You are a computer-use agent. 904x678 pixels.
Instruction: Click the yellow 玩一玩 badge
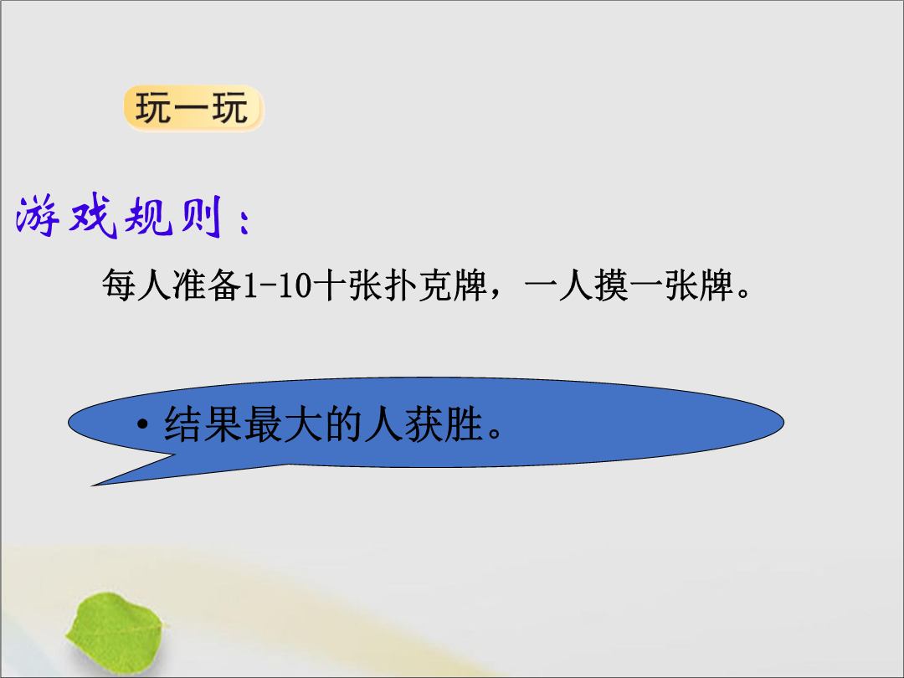(193, 108)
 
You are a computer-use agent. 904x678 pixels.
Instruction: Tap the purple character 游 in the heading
(39, 216)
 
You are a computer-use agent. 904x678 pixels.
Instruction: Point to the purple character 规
(149, 216)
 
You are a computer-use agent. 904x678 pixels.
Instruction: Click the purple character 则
(202, 216)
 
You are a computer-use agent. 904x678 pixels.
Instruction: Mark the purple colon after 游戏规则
(244, 221)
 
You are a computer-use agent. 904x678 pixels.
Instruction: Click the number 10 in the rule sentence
(295, 285)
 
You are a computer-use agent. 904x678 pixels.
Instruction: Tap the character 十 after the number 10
(331, 285)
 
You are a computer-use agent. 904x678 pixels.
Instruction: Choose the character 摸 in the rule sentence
(611, 285)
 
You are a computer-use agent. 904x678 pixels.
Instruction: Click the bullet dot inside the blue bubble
(142, 425)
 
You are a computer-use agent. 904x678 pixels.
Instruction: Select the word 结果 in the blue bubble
(203, 424)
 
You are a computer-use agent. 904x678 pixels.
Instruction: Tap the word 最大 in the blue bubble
(283, 424)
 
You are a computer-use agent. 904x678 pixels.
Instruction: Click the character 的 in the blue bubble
(343, 424)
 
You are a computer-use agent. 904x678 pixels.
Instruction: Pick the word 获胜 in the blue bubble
(444, 424)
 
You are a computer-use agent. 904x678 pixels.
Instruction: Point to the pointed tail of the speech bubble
(93, 485)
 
